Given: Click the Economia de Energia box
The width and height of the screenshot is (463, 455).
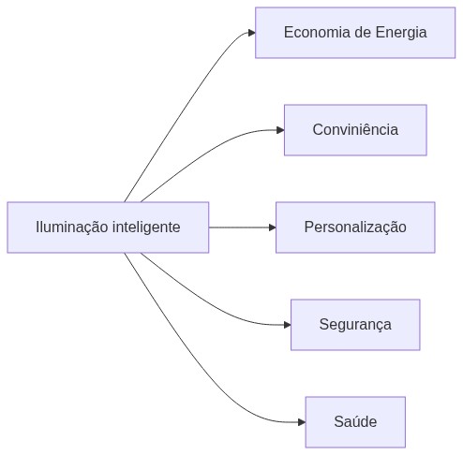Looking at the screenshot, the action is point(355,33).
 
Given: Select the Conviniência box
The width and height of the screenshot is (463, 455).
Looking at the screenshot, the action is point(355,130).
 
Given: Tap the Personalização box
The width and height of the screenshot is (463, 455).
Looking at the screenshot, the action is point(355,227).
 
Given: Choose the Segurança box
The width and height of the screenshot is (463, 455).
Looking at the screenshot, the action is point(355,325).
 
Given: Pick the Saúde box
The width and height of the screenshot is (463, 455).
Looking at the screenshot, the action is point(355,422).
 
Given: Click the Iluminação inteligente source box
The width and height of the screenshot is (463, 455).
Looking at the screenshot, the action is point(108,227).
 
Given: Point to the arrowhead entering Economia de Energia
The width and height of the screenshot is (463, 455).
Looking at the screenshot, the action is point(252,33).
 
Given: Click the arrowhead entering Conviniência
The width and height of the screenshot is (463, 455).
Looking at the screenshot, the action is point(280,130).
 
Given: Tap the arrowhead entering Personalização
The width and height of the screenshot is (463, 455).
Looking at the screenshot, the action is point(272,227).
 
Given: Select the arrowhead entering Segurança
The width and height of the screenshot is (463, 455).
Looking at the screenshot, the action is point(287,325).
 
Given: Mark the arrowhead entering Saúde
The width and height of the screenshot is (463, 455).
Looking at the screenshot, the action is point(302,422).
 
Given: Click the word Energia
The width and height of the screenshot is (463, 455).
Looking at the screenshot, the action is point(401,33).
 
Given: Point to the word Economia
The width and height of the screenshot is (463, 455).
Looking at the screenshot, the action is point(317,33).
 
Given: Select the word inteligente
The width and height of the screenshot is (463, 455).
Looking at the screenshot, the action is point(146,227).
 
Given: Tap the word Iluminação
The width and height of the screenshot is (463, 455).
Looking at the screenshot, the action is point(72,227).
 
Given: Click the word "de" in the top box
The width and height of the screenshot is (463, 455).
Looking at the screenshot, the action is point(363,33).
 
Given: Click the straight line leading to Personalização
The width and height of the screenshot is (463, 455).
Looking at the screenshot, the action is point(239,227).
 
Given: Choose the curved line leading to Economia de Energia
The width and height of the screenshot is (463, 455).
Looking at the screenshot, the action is point(181,110).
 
